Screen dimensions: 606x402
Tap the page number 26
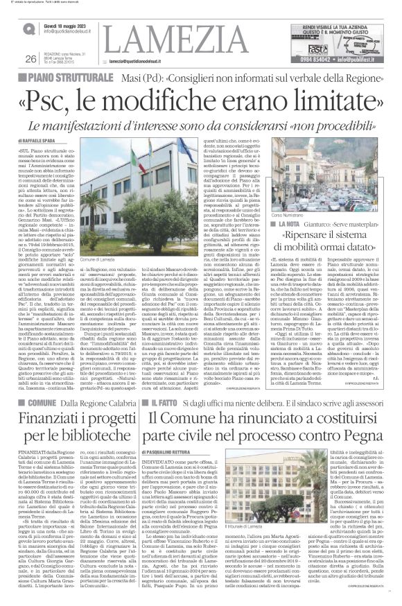point(30,58)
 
